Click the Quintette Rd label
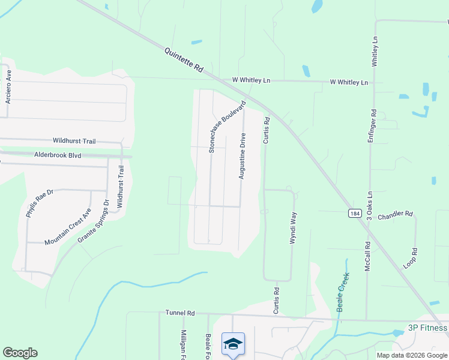click(x=184, y=61)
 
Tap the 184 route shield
click(x=355, y=213)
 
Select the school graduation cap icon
click(x=233, y=344)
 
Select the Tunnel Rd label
click(x=181, y=313)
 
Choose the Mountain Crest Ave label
click(x=68, y=227)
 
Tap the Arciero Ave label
click(x=8, y=86)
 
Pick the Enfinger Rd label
click(x=372, y=126)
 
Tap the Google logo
click(x=20, y=353)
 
